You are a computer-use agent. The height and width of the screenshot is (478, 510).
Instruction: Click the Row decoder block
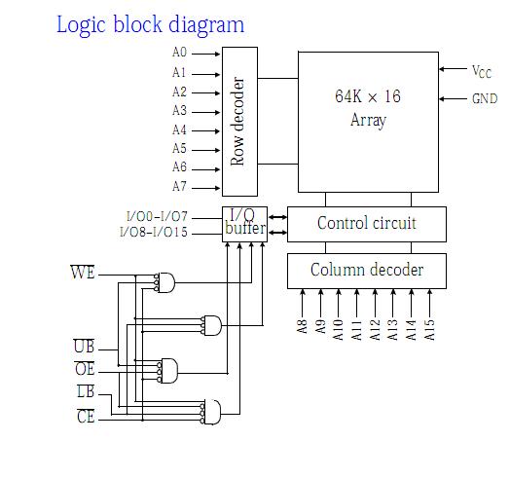click(239, 122)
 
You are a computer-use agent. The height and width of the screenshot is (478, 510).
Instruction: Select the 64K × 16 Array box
click(368, 122)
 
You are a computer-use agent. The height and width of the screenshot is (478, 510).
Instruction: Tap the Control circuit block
click(367, 224)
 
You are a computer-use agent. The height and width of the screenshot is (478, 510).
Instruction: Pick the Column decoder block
click(367, 271)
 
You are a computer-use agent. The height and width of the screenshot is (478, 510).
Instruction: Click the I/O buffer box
click(244, 224)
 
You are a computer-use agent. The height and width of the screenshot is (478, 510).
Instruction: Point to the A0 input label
click(179, 52)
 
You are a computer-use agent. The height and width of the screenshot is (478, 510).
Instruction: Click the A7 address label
click(179, 187)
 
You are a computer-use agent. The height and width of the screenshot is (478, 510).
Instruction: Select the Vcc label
click(482, 71)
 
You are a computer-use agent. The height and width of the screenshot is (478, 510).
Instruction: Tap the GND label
click(485, 98)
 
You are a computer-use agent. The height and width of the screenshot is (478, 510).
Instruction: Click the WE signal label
click(83, 272)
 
